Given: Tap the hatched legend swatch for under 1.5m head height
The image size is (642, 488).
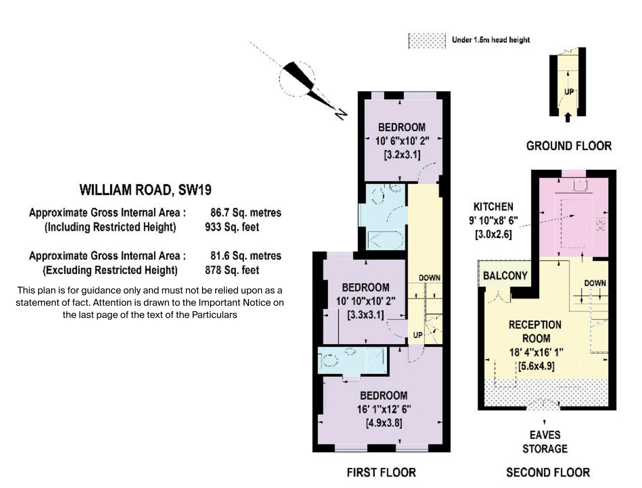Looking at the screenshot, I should point(426,40).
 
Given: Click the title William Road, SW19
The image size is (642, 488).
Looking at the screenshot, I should point(145,190).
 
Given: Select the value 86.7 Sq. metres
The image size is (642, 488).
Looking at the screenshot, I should point(246,213).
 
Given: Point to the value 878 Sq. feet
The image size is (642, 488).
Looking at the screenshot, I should point(232,270).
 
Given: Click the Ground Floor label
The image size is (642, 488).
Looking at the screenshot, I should point(569,146).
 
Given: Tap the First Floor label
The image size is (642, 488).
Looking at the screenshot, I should point(381,472).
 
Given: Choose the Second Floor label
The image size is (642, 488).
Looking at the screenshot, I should point(548,472).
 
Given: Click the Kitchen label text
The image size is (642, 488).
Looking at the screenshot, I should point(493,207).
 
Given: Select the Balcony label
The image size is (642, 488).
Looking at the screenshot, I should point(505,275).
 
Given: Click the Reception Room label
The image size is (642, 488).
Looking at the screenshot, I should point(535,332).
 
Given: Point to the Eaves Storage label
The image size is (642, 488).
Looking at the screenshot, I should point(545,441).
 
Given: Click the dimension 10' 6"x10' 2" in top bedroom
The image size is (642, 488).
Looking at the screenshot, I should point(402,141).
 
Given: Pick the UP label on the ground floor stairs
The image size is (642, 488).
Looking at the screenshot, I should point(569,92).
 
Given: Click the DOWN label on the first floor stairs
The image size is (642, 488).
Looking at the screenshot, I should point(429,278).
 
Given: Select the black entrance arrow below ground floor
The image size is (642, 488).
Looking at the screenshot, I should point(568,117).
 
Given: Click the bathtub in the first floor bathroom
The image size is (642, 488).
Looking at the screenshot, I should point(385,239).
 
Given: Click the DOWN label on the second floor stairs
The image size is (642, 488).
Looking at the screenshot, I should point(594,283).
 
